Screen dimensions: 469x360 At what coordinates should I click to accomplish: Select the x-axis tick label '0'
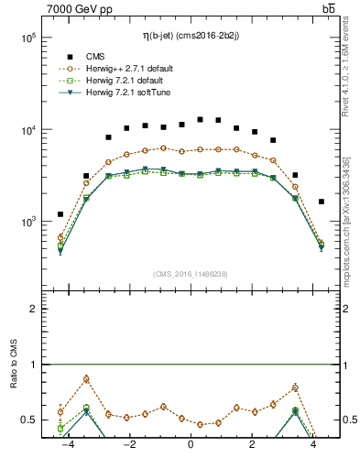pos(191,445)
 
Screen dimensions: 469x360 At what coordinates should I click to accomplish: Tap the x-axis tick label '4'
pos(314,445)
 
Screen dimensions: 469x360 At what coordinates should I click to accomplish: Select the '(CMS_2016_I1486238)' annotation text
pos(191,274)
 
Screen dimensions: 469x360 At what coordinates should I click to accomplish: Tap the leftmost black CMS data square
pos(60,214)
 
